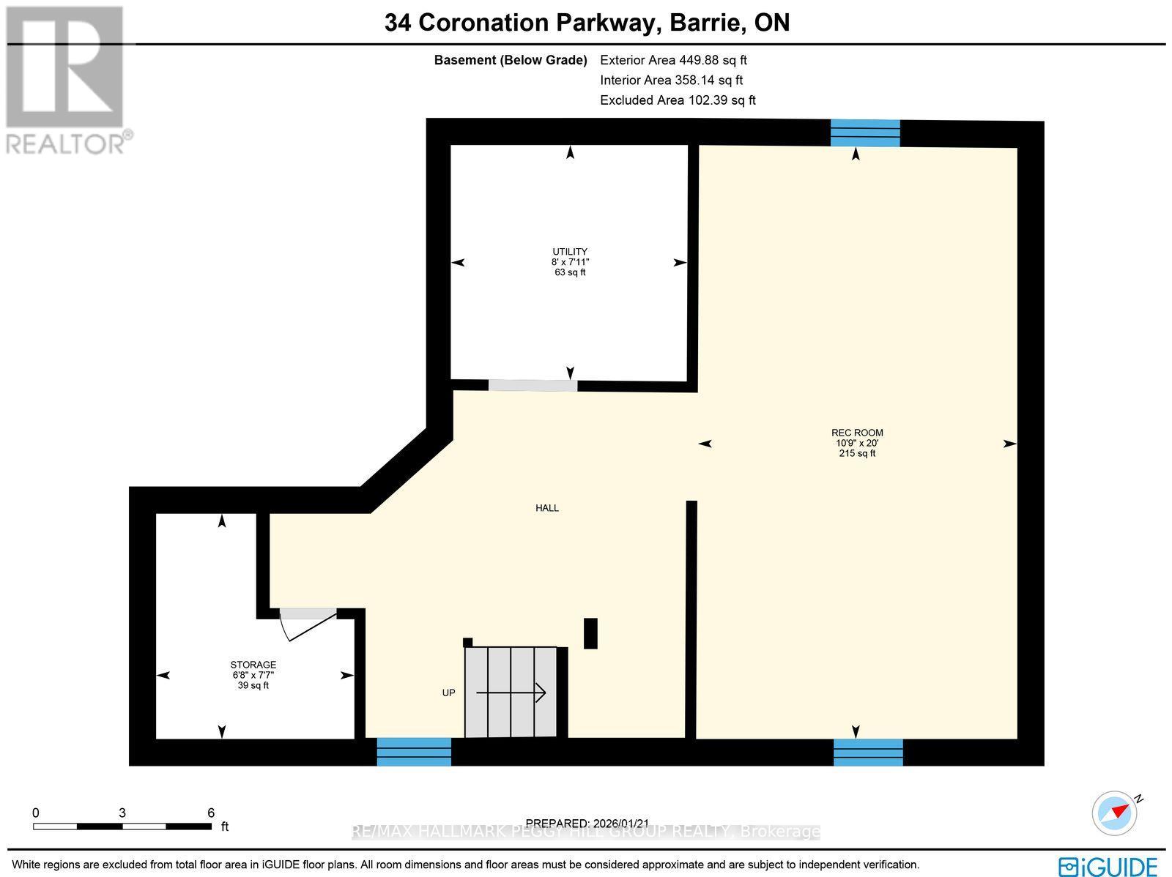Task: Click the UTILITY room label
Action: (570, 252)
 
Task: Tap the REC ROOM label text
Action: (857, 433)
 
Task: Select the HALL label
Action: (547, 508)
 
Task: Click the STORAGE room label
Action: (253, 665)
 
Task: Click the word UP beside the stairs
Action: (448, 693)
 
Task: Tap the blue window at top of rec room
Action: (864, 133)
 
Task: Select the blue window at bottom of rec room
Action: (868, 752)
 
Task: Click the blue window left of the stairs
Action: (414, 752)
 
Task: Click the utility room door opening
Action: (533, 385)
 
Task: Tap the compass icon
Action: (1115, 813)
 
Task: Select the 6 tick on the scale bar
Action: (211, 813)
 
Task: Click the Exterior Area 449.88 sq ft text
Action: (673, 60)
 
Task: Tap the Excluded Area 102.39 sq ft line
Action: (678, 100)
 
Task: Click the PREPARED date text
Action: (587, 823)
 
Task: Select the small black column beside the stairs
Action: (590, 633)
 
